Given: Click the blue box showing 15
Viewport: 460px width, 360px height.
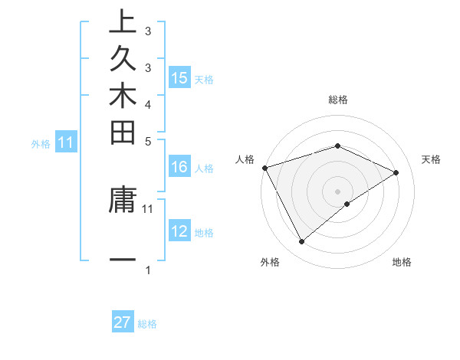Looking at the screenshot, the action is click(x=179, y=77).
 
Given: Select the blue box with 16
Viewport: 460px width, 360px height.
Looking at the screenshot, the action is click(x=179, y=167).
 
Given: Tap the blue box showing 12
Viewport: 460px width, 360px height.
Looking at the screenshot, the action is click(x=179, y=231).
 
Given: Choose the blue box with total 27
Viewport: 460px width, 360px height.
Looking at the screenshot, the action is click(x=123, y=322).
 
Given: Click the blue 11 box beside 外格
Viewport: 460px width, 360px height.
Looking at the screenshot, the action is click(x=66, y=142).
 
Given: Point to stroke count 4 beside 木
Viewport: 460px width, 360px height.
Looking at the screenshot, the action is click(x=147, y=103).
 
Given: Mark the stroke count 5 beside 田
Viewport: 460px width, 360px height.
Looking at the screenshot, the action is click(x=147, y=140).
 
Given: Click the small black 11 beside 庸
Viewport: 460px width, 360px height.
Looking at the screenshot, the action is click(x=148, y=208).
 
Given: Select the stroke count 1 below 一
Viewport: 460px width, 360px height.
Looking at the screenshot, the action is click(x=147, y=270).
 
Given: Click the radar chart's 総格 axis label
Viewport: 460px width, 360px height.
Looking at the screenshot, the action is click(x=337, y=100).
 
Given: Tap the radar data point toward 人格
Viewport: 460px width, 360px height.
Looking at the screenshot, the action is click(x=264, y=167).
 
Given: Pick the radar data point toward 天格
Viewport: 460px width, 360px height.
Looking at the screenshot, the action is click(x=396, y=172).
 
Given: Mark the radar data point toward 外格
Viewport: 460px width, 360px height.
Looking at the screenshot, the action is click(x=301, y=241).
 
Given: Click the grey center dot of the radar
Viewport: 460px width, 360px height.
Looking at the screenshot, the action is click(x=337, y=191).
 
